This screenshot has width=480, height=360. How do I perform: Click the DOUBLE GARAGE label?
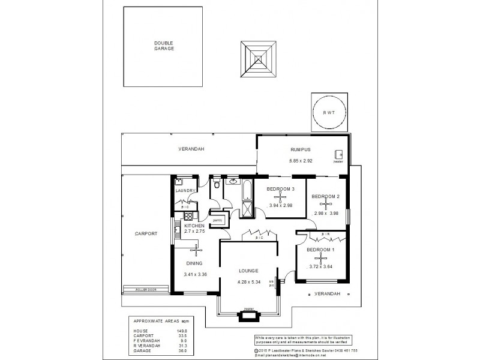click(164, 46)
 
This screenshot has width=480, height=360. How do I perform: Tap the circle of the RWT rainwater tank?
click(329, 112)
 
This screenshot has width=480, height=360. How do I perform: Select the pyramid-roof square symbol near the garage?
click(260, 59)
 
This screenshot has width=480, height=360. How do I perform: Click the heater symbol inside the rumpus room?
click(339, 154)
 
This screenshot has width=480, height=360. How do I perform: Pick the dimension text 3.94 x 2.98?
click(281, 206)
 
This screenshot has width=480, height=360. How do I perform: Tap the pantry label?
click(218, 220)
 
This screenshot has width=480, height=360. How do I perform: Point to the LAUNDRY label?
click(185, 191)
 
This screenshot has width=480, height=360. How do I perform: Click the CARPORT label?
click(146, 233)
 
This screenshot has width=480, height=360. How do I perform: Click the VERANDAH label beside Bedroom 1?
click(328, 293)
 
